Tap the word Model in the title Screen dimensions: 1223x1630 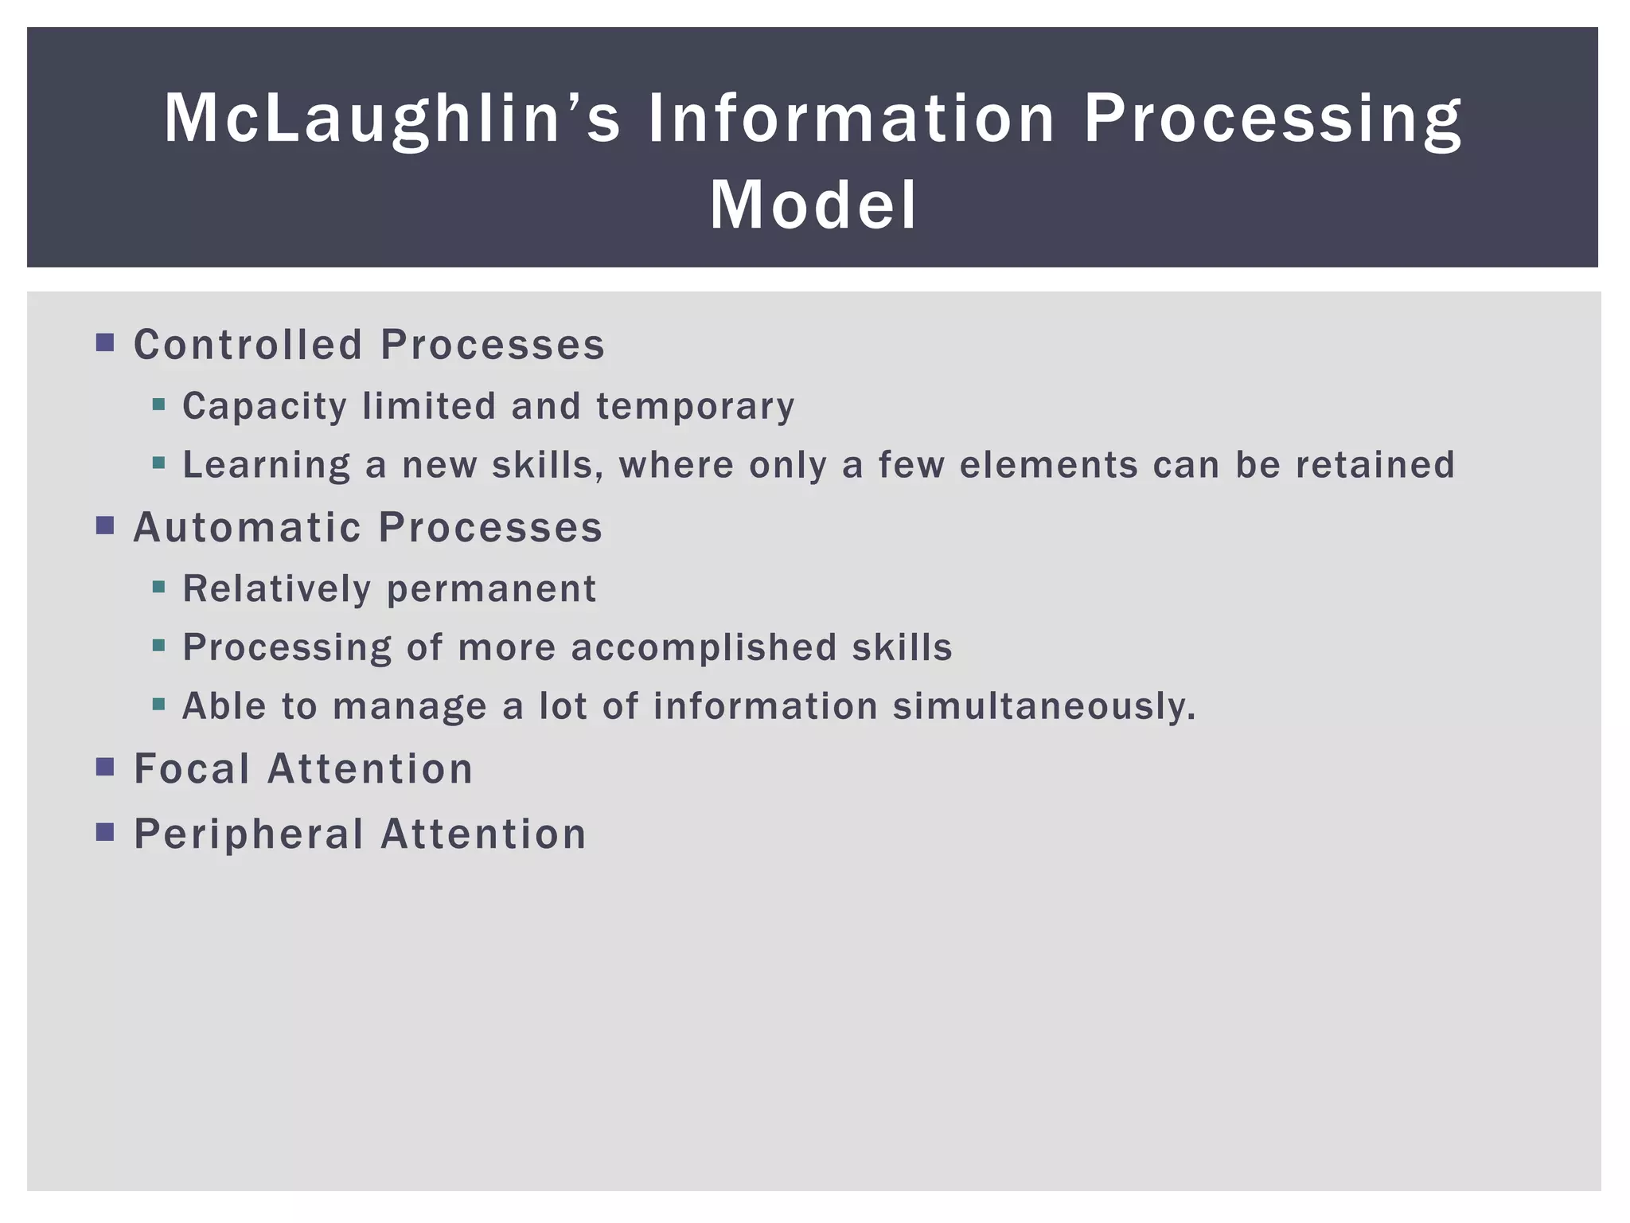[x=813, y=205]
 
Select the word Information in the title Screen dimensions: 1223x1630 [x=851, y=119]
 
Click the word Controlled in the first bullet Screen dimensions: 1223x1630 [x=248, y=345]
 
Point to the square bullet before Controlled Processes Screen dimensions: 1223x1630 [x=105, y=343]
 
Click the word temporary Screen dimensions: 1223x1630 [x=695, y=406]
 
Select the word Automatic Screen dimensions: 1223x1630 [x=247, y=527]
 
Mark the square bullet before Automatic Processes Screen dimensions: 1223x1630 [x=105, y=526]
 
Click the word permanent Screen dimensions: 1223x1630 [x=491, y=589]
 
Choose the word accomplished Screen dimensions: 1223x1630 [x=704, y=647]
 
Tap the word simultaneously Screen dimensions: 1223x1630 [x=1043, y=706]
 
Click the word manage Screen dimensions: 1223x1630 [x=409, y=706]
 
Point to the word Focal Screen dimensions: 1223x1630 [x=191, y=769]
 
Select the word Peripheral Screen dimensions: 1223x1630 [x=248, y=834]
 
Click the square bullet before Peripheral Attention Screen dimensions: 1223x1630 [x=105, y=832]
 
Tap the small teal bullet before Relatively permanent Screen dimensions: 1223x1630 [x=158, y=588]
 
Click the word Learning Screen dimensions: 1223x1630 [x=266, y=465]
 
